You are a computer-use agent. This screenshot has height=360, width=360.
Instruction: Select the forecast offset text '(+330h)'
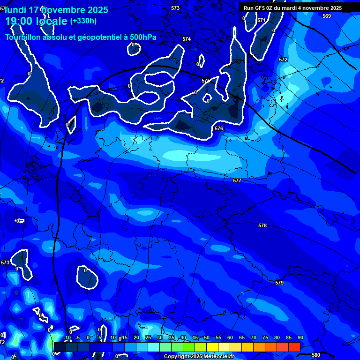[x=83, y=21]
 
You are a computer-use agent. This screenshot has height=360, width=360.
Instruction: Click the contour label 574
[x=187, y=39]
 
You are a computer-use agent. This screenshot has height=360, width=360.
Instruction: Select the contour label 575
[x=206, y=81]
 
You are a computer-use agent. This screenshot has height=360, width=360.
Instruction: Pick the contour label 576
[x=219, y=128]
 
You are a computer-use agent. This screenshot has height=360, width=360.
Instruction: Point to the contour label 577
[x=237, y=180]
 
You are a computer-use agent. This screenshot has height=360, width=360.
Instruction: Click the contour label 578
[x=262, y=225]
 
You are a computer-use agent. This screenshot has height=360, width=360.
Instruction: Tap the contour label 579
[x=279, y=283]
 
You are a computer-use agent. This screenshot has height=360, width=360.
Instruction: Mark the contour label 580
[x=316, y=355]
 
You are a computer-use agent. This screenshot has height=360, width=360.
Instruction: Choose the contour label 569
[x=327, y=16]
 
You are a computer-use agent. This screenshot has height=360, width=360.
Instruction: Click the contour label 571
[x=261, y=21]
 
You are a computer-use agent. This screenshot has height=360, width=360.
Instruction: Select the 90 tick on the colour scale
[x=300, y=337]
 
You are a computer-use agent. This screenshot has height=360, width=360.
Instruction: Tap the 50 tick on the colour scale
[x=207, y=337]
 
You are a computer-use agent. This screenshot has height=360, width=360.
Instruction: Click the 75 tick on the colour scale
[x=265, y=337]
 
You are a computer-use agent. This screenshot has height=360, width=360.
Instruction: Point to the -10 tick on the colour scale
[x=67, y=337]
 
